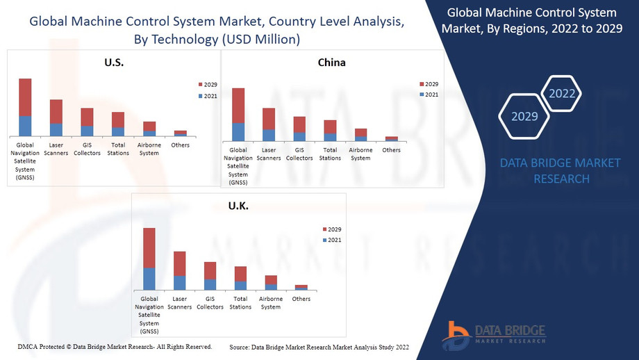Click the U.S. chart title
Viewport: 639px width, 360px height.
(113, 63)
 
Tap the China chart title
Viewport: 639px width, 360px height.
(331, 63)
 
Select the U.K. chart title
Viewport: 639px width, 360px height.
(238, 206)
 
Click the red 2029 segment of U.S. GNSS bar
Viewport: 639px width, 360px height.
(25, 97)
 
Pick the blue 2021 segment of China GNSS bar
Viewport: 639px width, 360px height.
(238, 132)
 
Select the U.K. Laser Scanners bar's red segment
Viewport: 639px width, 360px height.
(179, 263)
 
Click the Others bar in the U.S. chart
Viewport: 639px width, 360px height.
(180, 133)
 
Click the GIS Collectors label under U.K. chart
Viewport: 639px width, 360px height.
(210, 303)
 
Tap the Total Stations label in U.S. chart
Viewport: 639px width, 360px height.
(118, 149)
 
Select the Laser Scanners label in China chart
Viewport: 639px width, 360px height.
(269, 154)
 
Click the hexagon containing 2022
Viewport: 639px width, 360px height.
(561, 93)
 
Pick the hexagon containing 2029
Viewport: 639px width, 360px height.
(524, 116)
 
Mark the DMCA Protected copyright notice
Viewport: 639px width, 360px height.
(115, 346)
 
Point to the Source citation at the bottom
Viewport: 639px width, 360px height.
(319, 347)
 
